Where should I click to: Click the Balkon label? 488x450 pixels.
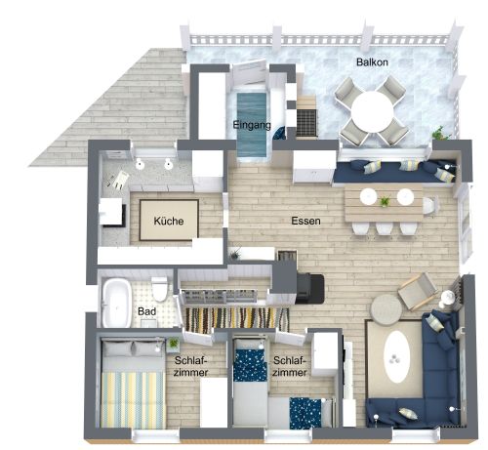pyautogui.click(x=372, y=62)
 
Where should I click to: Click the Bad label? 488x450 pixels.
pyautogui.click(x=147, y=312)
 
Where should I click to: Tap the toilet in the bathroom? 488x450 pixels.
pyautogui.click(x=159, y=290)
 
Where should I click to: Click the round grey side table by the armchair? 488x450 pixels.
pyautogui.click(x=384, y=307)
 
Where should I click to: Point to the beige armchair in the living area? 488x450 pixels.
pyautogui.click(x=419, y=289)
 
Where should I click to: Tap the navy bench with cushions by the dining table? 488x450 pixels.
pyautogui.click(x=390, y=173)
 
